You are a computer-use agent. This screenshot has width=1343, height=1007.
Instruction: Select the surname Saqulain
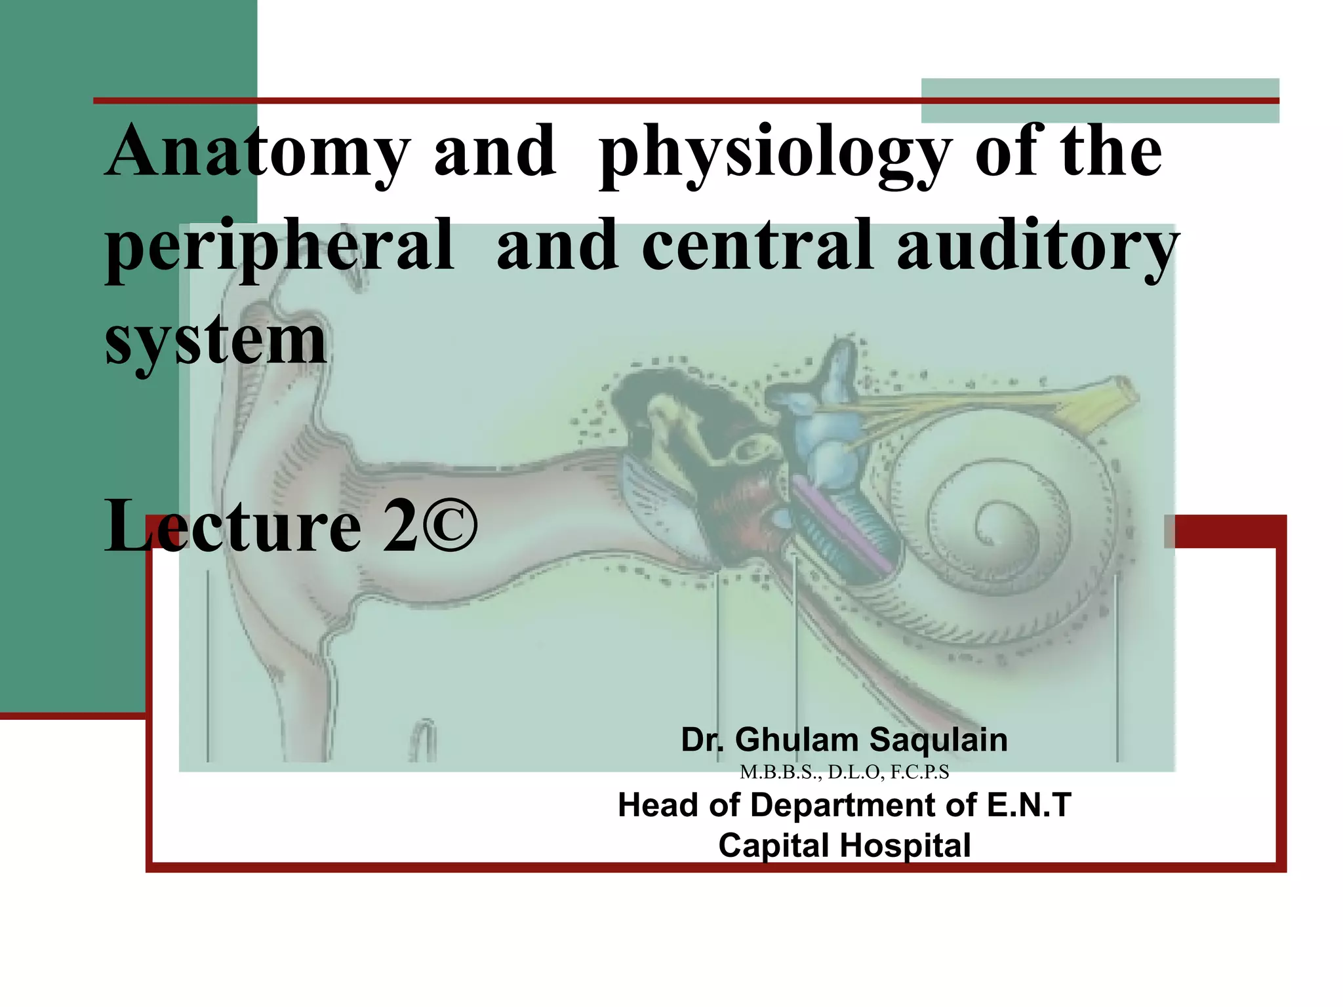click(938, 740)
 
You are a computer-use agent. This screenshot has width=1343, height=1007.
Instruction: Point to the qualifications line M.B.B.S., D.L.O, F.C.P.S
click(844, 772)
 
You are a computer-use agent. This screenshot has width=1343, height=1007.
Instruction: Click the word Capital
click(772, 846)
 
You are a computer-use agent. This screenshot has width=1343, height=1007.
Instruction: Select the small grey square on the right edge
click(1169, 532)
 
